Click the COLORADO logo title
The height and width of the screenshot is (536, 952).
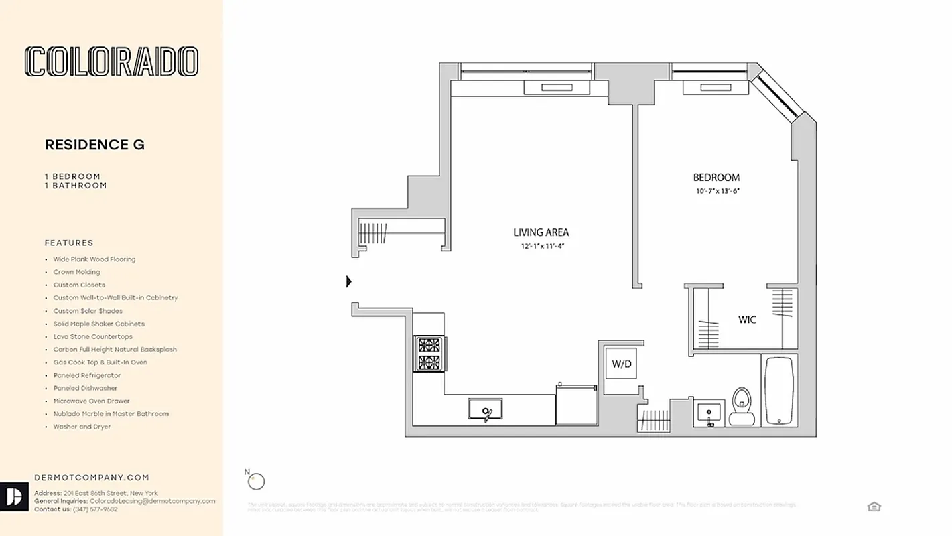111,62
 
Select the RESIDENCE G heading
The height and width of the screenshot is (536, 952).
94,145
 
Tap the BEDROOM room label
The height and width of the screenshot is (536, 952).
716,178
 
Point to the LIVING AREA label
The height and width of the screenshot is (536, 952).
541,232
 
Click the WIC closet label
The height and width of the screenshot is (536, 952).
747,320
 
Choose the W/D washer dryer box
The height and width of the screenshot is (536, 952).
620,364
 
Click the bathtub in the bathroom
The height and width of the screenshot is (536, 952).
778,390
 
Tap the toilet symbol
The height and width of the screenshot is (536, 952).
742,405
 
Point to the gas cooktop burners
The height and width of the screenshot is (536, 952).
428,354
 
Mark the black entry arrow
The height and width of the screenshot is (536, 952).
348,282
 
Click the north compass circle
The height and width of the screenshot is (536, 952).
257,481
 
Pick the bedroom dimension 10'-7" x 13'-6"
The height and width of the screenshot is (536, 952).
716,192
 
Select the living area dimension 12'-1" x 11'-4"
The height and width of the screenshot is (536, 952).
540,246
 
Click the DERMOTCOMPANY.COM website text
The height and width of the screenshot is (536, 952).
92,478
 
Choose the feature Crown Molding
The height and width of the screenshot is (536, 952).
76,272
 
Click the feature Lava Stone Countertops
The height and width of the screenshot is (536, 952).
92,336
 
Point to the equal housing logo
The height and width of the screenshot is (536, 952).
874,507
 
